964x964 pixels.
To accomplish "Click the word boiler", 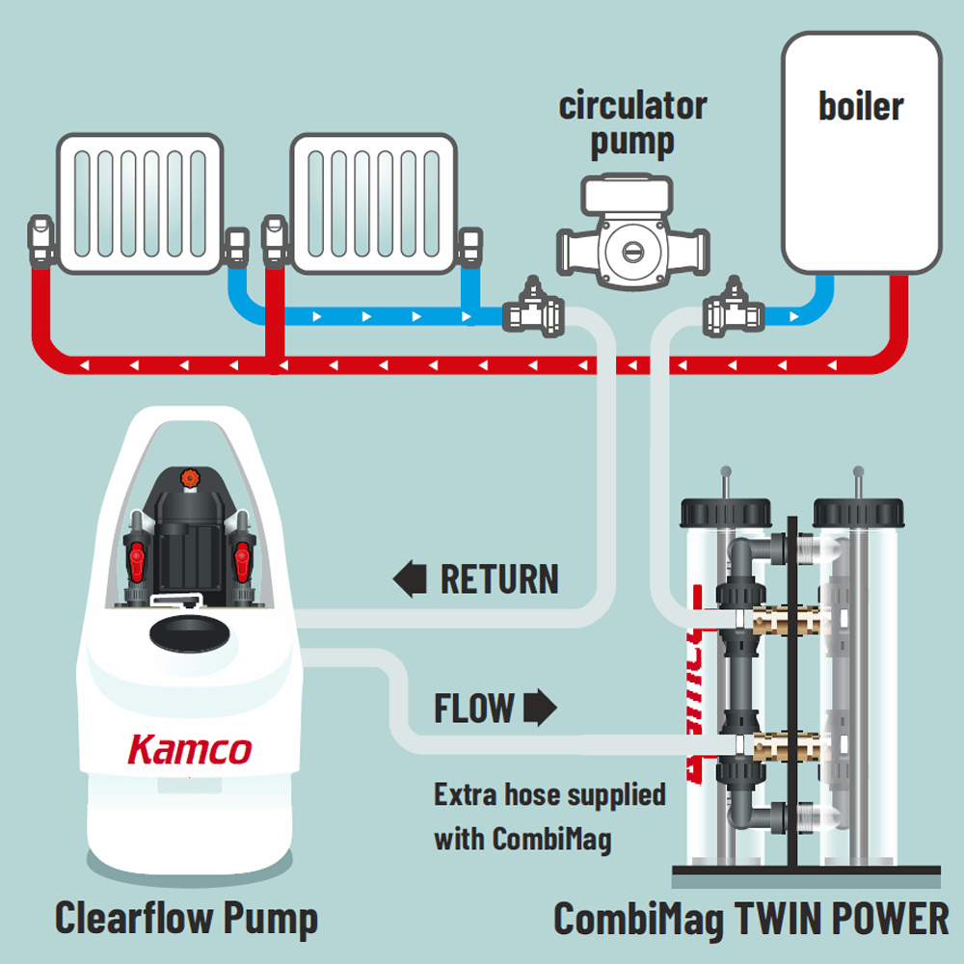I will tap(861, 106).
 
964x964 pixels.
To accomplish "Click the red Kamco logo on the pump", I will tap(190, 749).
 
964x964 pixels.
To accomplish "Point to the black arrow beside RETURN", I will tap(410, 580).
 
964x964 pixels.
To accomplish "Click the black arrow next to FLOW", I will tap(540, 710).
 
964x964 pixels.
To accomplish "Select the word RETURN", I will tap(499, 580).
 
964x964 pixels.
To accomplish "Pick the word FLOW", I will tap(473, 710).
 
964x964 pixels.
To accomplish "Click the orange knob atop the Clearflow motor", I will tap(190, 476).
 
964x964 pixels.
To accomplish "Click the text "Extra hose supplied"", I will tap(549, 795).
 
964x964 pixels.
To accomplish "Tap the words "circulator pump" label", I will tap(632, 123).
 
